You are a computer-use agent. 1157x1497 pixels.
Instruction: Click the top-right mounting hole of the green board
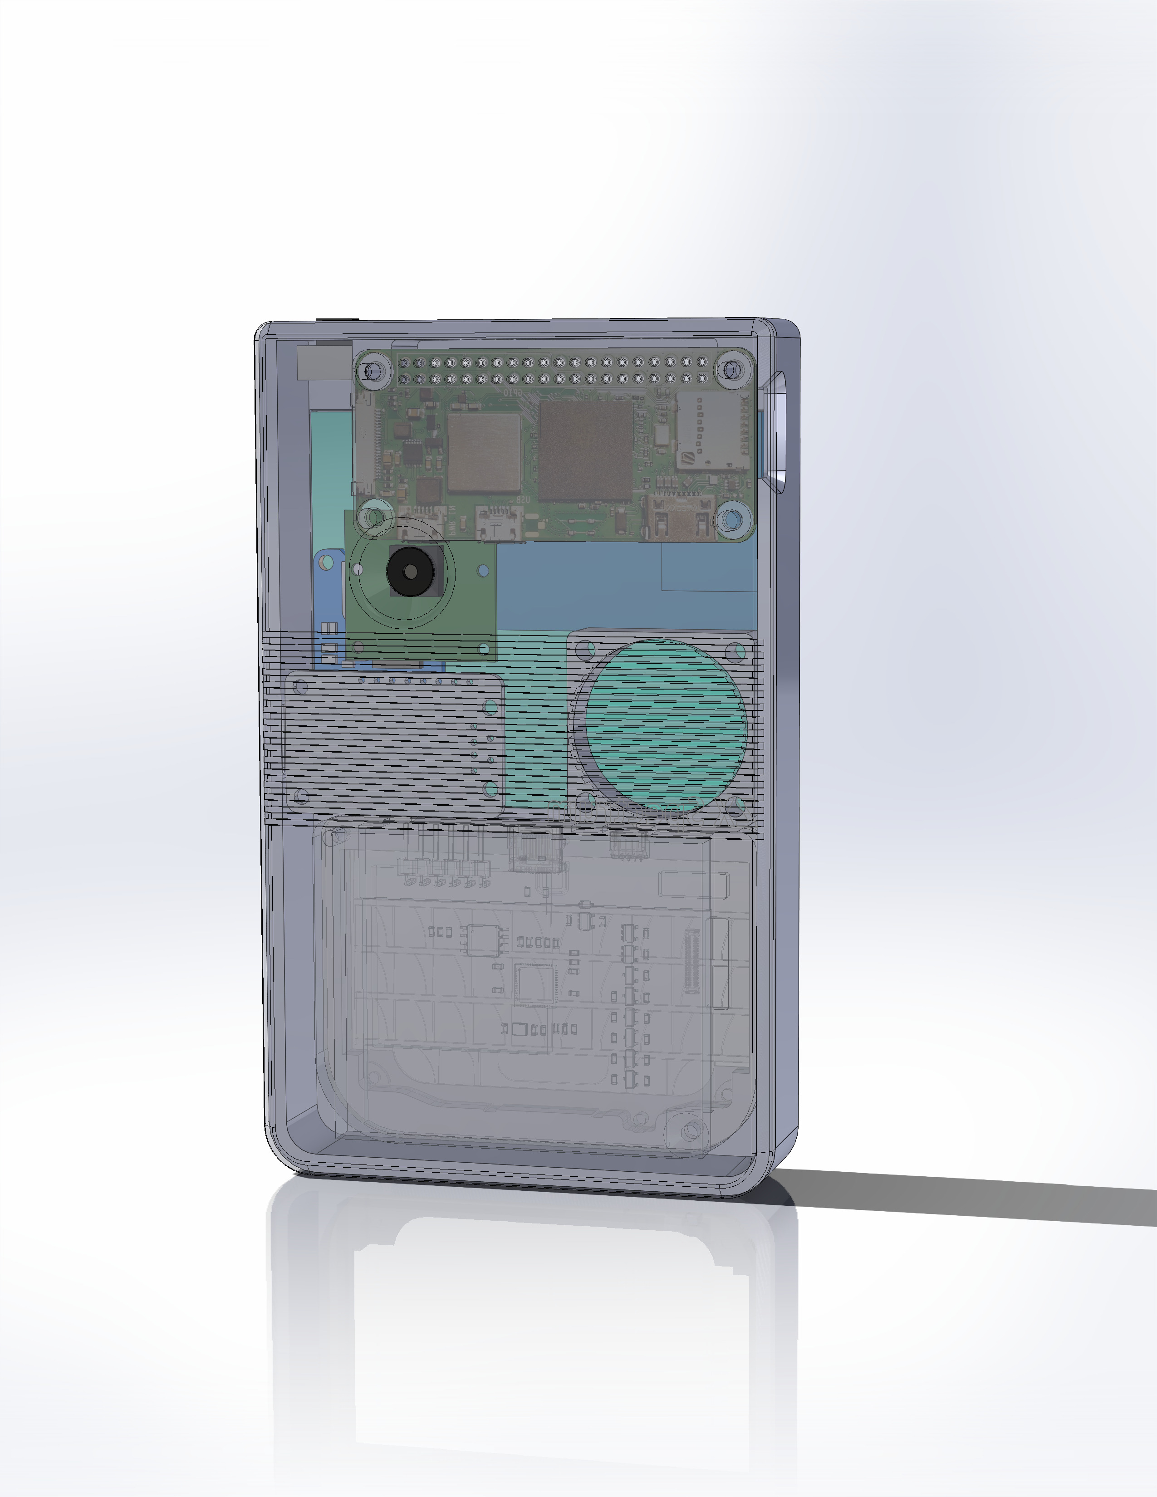pyautogui.click(x=730, y=371)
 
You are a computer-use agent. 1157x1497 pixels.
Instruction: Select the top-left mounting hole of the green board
pyautogui.click(x=373, y=372)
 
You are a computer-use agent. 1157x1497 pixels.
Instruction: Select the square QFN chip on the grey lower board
pyautogui.click(x=535, y=985)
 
